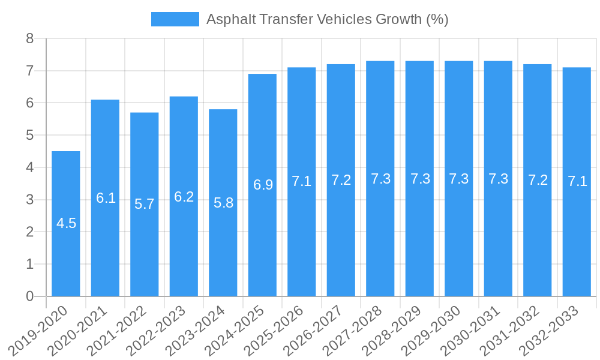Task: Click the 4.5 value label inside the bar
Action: coord(66,223)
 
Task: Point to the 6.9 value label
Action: coord(263,185)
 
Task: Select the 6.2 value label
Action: coord(184,197)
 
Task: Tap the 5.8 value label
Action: coord(223,203)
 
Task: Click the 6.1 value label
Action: coord(106,198)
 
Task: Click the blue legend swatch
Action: coord(175,19)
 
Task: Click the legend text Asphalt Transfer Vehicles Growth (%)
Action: coord(327,19)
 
